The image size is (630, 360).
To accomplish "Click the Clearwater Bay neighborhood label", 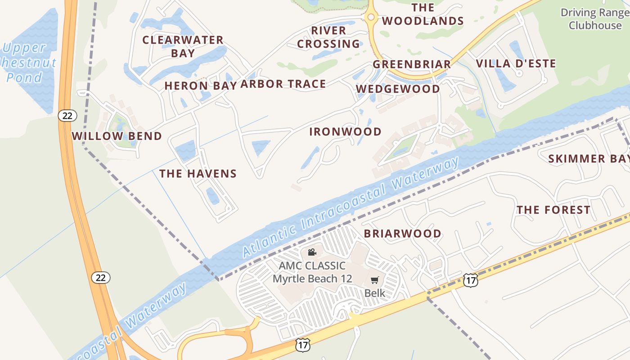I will tap(183, 46).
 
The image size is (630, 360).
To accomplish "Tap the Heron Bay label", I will tap(200, 85).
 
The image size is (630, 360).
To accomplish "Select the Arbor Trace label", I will tap(283, 84).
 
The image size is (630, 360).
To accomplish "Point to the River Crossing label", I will tap(328, 37).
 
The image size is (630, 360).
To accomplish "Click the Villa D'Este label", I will tap(516, 63).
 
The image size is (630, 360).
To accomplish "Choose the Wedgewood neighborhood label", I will tap(398, 89).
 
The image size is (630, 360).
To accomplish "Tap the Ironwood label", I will tap(345, 132).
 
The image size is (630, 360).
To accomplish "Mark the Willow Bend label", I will tap(117, 136).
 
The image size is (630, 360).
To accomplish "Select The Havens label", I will tap(198, 173).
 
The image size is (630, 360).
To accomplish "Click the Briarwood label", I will tap(402, 234).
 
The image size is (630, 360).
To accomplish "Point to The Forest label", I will tap(553, 210).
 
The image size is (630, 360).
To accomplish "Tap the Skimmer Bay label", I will tap(589, 158).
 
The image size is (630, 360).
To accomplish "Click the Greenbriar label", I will tap(411, 64).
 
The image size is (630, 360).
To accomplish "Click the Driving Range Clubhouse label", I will tap(594, 19).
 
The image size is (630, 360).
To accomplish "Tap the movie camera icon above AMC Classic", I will tap(311, 252).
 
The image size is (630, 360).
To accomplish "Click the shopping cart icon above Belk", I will tap(374, 280).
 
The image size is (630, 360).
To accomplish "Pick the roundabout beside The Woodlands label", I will tap(371, 17).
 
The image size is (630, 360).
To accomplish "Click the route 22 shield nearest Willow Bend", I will tap(67, 116).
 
